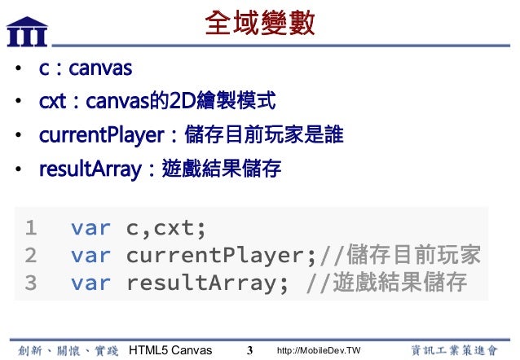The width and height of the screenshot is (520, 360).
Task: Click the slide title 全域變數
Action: click(261, 23)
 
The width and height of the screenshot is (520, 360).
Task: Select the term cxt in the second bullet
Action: click(53, 102)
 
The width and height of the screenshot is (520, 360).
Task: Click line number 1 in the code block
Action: click(31, 226)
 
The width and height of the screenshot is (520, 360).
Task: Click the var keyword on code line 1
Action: click(90, 226)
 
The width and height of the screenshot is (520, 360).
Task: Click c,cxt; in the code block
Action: click(166, 226)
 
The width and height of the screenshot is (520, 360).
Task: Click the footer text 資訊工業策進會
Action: click(453, 349)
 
